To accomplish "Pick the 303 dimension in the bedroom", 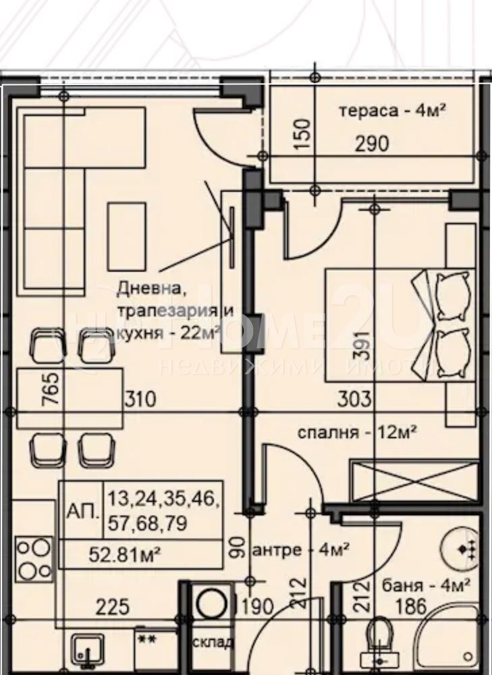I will click(x=355, y=399).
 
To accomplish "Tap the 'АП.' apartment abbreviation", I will click(x=80, y=510).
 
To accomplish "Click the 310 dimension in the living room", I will click(x=140, y=399).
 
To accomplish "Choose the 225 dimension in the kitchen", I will click(x=112, y=607).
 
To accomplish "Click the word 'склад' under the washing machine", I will click(x=213, y=642).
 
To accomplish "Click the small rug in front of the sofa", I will click(x=126, y=234).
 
